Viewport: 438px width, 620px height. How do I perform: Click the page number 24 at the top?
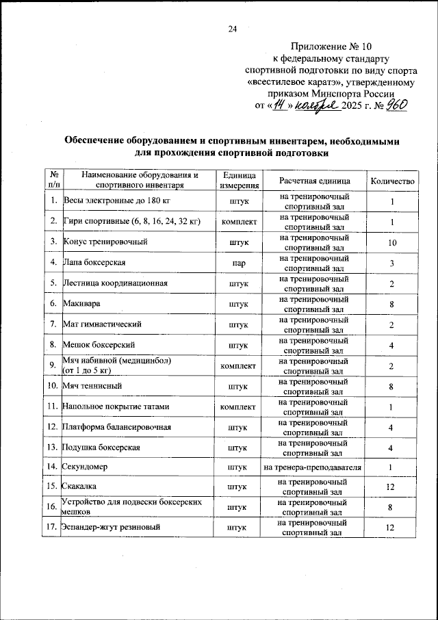coord(232,29)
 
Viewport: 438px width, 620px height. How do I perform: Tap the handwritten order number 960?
coord(394,105)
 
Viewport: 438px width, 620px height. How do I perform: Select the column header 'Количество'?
coord(392,180)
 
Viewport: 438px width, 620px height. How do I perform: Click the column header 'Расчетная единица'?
coord(315,180)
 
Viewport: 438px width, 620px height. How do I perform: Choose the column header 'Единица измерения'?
coord(239,180)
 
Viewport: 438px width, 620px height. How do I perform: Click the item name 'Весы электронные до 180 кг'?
coord(116,201)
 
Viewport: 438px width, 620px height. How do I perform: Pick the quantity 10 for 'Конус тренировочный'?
coord(392,243)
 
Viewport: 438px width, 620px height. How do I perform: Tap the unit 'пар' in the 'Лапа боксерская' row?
coord(239,263)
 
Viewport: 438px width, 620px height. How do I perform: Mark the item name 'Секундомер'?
coord(86,467)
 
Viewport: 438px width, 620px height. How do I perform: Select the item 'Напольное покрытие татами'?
coord(116,407)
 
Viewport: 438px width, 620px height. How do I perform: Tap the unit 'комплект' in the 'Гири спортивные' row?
coord(239,222)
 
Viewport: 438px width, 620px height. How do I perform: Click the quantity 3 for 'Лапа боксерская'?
coord(392,263)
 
